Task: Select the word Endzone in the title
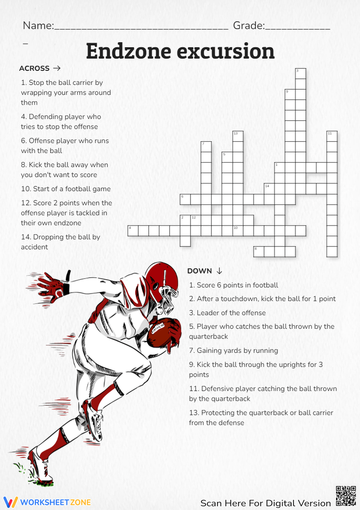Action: click(128, 51)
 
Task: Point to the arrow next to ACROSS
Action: click(57, 68)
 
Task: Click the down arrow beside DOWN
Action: click(219, 271)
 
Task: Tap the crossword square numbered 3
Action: click(301, 74)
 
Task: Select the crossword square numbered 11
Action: click(332, 137)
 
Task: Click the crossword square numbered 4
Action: click(133, 231)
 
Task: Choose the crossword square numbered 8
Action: click(259, 252)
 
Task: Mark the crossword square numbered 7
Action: click(206, 147)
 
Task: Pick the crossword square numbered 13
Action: click(238, 137)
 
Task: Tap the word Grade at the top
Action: click(248, 26)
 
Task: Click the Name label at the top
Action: click(38, 26)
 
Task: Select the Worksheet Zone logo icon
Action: click(10, 502)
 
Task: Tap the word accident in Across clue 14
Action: click(34, 247)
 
